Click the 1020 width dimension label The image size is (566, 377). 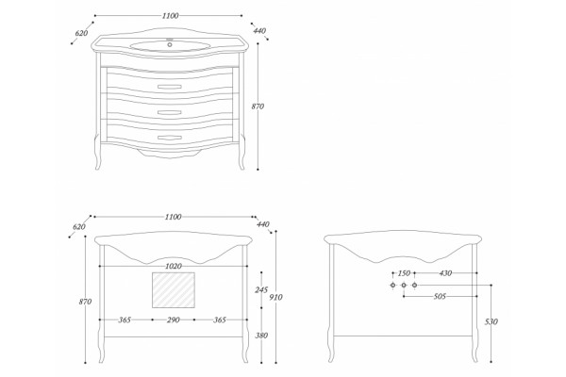174,266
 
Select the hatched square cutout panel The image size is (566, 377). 174,290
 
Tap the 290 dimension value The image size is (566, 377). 174,320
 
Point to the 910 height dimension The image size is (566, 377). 276,297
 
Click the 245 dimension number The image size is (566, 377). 261,289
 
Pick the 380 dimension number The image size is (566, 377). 261,336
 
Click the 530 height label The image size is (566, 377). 491,321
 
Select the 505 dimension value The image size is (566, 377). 440,297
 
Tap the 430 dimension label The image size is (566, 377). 445,273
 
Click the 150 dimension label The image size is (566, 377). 404,273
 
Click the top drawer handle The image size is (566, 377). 170,87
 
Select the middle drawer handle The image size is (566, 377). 170,112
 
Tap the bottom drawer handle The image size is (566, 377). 170,138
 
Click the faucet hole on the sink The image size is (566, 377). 170,44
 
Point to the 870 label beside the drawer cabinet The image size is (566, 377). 258,107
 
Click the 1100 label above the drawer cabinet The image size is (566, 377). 170,16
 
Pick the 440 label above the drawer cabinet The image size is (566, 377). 259,31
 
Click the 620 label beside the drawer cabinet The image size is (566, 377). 81,33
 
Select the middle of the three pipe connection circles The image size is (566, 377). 404,286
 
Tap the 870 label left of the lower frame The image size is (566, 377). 85,302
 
